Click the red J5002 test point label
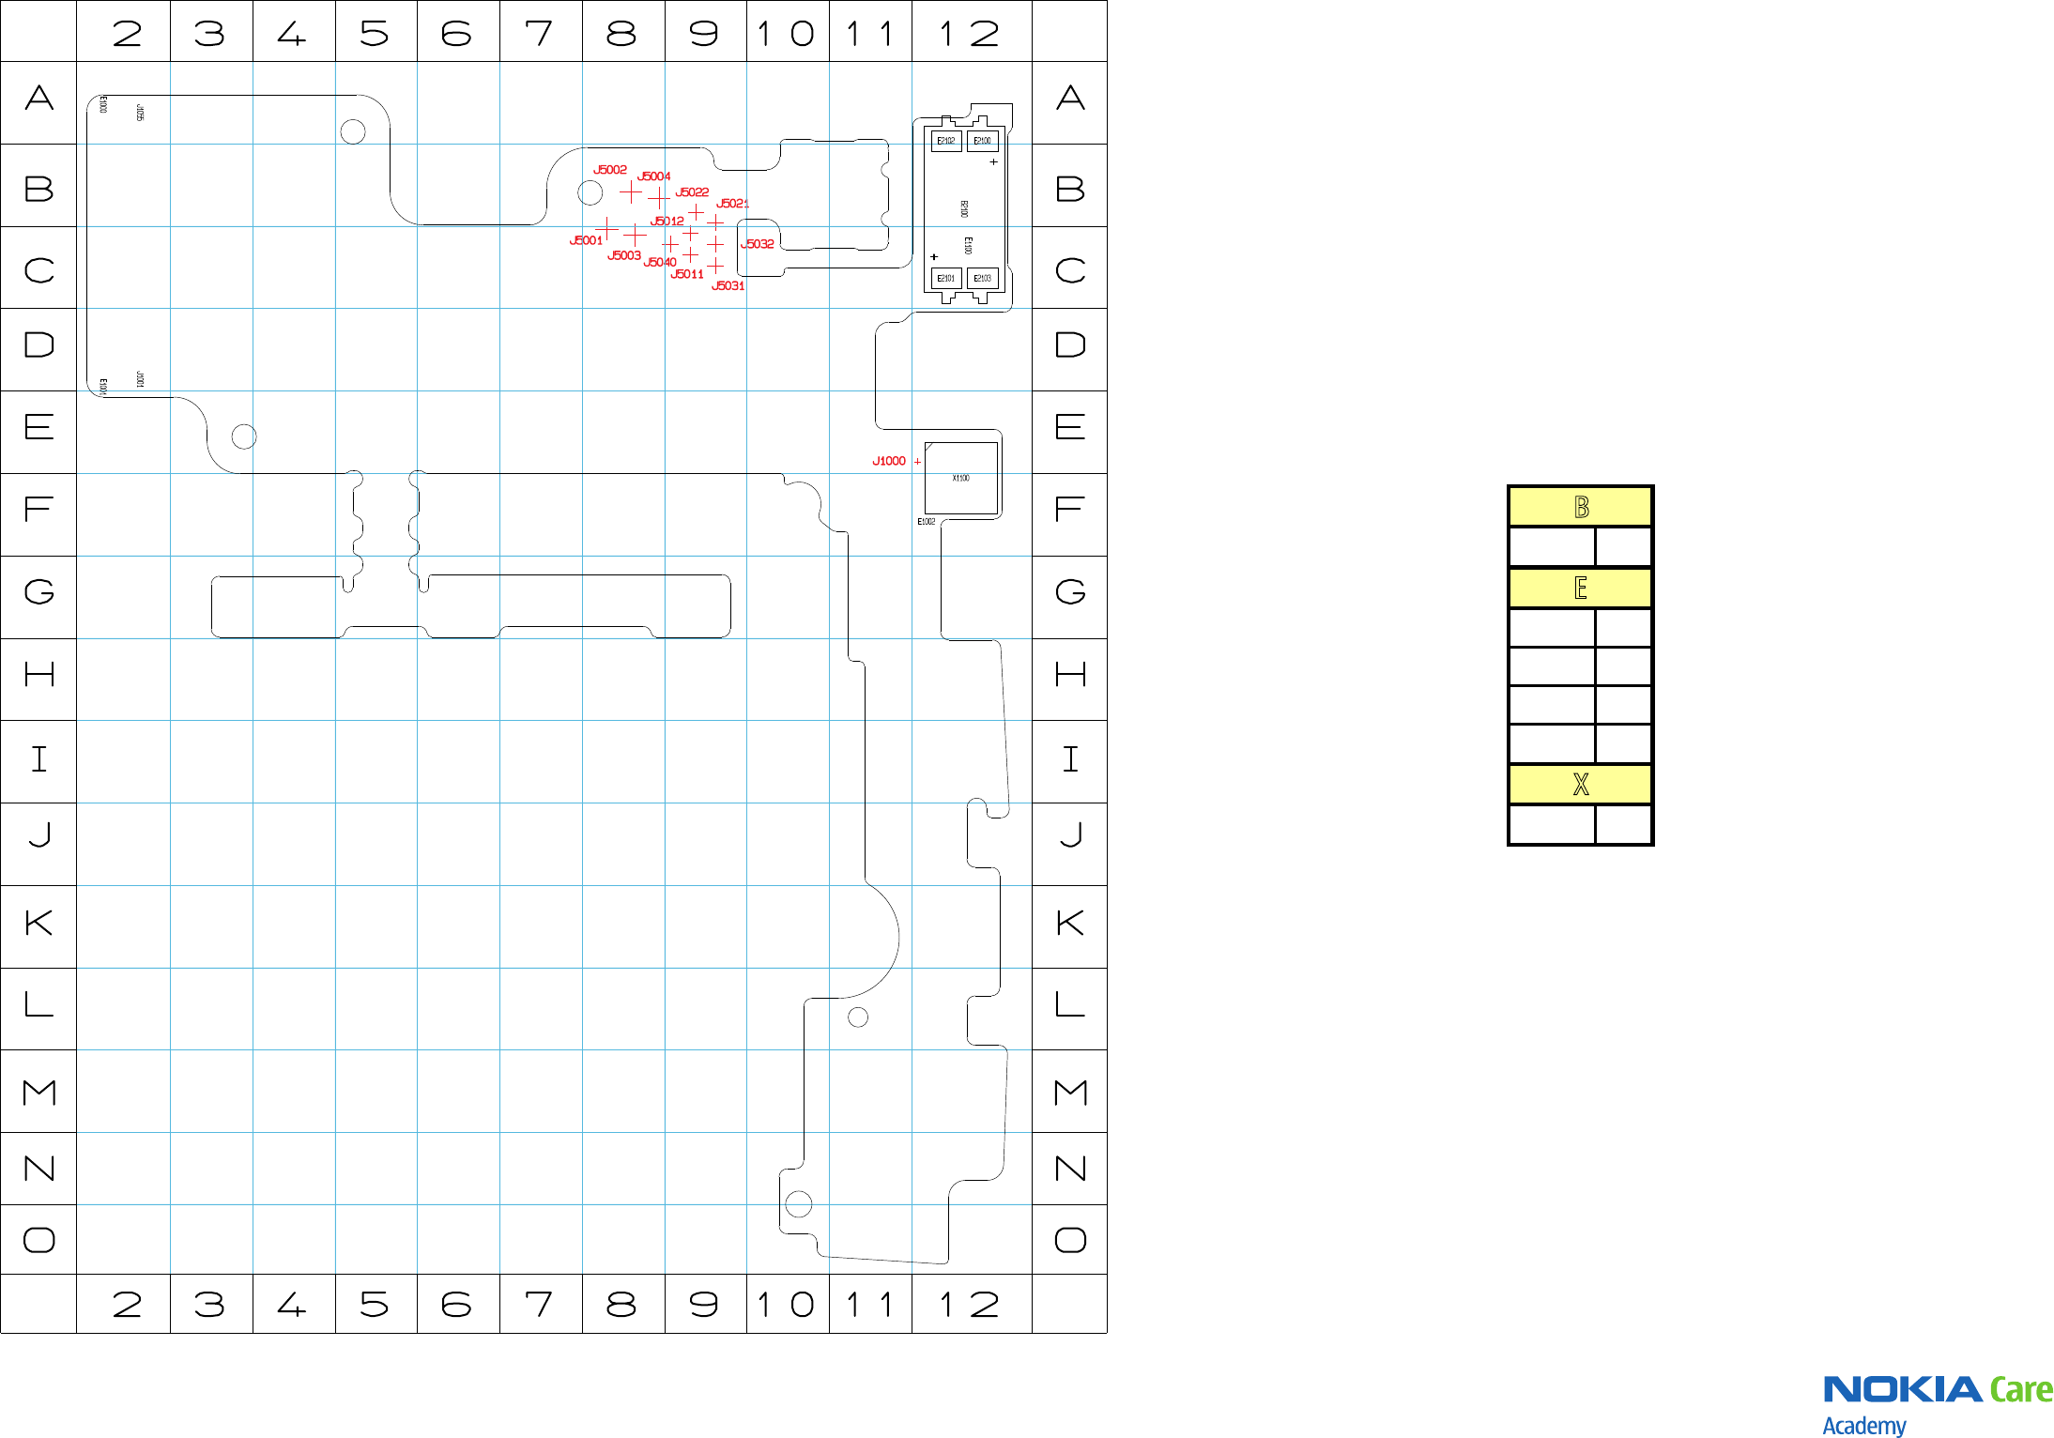pyautogui.click(x=610, y=170)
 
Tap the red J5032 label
pyautogui.click(x=758, y=244)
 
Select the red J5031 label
pyautogui.click(x=728, y=286)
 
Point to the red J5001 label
pyautogui.click(x=586, y=241)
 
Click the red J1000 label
pyautogui.click(x=889, y=461)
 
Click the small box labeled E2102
pyautogui.click(x=946, y=141)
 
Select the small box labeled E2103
pyautogui.click(x=982, y=279)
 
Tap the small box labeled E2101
pyautogui.click(x=946, y=279)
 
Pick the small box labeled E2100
pyautogui.click(x=982, y=141)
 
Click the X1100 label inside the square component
pyautogui.click(x=960, y=479)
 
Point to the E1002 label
pyautogui.click(x=927, y=522)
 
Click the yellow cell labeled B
pyautogui.click(x=1580, y=508)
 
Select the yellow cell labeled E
pyautogui.click(x=1580, y=589)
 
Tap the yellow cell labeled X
pyautogui.click(x=1580, y=785)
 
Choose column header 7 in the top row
pyautogui.click(x=540, y=34)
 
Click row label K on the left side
pyautogui.click(x=38, y=924)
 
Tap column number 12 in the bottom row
pyautogui.click(x=971, y=1304)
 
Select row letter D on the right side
pyautogui.click(x=1070, y=345)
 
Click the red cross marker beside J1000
pyautogui.click(x=917, y=462)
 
